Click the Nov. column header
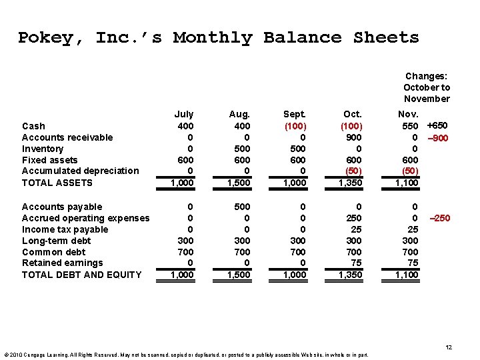click(x=407, y=115)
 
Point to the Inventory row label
click(x=43, y=149)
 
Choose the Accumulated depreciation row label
click(x=80, y=171)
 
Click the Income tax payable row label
click(x=65, y=229)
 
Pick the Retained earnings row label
click(x=62, y=263)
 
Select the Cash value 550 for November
click(x=410, y=126)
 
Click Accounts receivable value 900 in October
click(x=353, y=137)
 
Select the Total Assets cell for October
click(x=351, y=183)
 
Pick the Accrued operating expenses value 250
click(x=353, y=218)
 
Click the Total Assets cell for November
click(x=407, y=183)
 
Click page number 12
click(x=449, y=347)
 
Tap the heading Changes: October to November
click(x=427, y=87)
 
